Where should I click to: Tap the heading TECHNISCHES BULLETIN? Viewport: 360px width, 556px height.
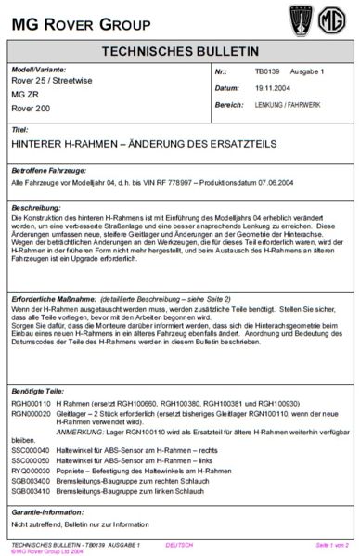(180, 53)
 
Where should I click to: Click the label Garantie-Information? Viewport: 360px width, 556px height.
(48, 512)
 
